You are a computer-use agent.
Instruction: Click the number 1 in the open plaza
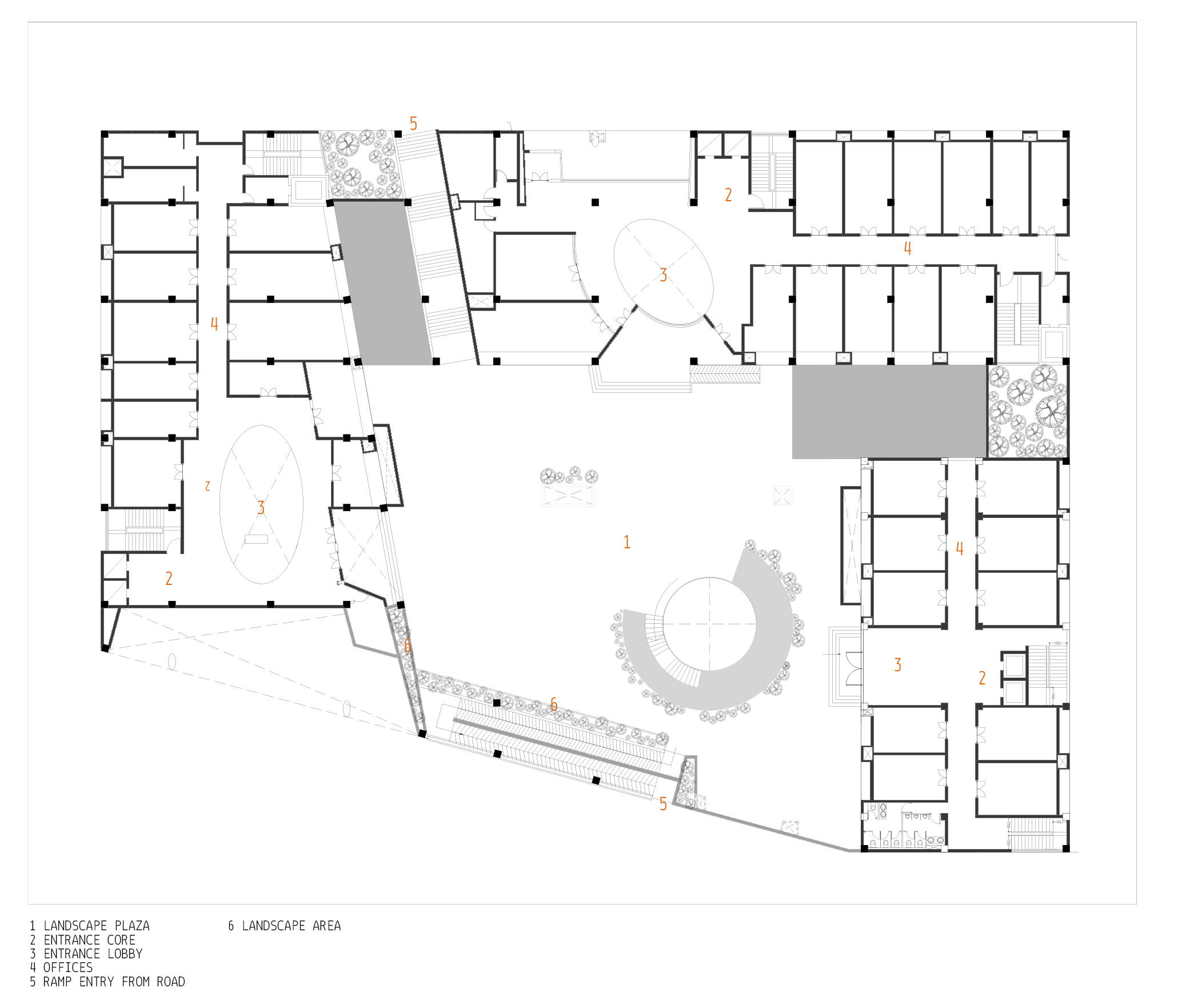tap(627, 542)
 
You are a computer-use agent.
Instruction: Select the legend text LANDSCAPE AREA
tap(291, 926)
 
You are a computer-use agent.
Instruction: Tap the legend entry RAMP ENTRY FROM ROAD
tap(114, 982)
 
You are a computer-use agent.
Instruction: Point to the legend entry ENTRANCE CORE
tap(89, 940)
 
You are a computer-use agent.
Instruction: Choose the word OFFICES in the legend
tap(67, 967)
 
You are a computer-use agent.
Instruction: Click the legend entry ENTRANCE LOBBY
tap(93, 954)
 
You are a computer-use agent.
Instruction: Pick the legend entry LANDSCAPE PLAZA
tap(96, 926)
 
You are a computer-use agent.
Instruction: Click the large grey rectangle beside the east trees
tap(889, 412)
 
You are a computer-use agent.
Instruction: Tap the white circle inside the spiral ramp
tap(709, 624)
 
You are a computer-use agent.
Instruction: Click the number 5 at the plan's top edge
tap(413, 123)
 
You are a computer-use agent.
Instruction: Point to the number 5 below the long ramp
tap(663, 804)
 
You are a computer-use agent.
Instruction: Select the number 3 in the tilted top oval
tap(663, 275)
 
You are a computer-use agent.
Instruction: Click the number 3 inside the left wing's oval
tap(261, 508)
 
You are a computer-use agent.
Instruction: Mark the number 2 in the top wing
tap(728, 195)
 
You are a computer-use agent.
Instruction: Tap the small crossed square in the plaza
tap(782, 496)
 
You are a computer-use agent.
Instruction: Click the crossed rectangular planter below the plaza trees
tap(569, 495)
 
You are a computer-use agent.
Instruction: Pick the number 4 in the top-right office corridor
tap(908, 248)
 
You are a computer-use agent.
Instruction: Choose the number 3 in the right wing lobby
tap(898, 665)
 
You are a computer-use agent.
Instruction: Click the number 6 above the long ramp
tap(553, 704)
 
